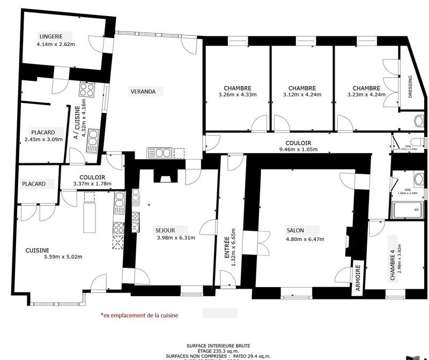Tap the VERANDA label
tap(143, 92)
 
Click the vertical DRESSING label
tap(410, 87)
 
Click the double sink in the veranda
tap(160, 153)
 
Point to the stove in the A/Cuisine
tap(87, 88)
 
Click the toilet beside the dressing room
tap(419, 121)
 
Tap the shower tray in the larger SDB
tap(408, 210)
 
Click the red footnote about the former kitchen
tap(139, 316)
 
